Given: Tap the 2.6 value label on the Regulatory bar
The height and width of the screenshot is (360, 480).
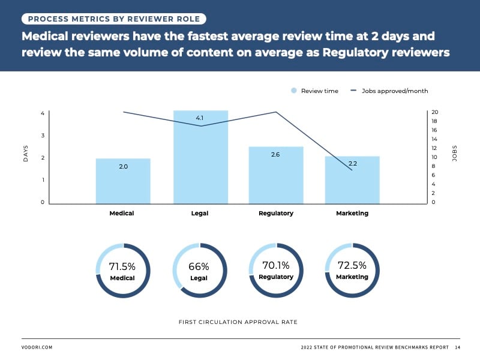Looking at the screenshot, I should coord(275,155).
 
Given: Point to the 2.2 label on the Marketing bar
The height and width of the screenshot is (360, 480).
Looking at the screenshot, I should coord(352,164).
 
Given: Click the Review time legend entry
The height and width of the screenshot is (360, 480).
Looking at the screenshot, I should coord(314,91).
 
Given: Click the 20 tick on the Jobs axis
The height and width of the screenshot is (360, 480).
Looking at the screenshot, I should coord(435,112).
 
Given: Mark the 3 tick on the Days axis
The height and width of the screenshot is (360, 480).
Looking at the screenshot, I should coord(42,136).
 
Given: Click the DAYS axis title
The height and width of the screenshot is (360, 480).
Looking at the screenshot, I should coord(26,158).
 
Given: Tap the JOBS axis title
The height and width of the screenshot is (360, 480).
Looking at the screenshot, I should coord(454,157).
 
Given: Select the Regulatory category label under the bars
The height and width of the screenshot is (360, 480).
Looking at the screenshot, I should coord(275,214).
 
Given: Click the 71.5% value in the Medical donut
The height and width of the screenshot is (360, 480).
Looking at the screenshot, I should coord(122,266).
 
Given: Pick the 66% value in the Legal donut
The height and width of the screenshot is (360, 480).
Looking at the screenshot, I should coord(199,266).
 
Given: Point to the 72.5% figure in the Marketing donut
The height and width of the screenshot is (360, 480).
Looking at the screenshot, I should coord(352,265).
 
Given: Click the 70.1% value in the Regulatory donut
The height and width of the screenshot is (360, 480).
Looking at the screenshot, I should coord(275,265).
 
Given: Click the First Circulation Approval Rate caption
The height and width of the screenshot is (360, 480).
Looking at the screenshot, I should coord(238,322).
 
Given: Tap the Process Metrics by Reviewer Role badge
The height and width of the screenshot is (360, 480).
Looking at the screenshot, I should coord(113,19).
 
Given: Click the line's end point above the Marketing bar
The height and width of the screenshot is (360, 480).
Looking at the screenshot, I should coord(352,170).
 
